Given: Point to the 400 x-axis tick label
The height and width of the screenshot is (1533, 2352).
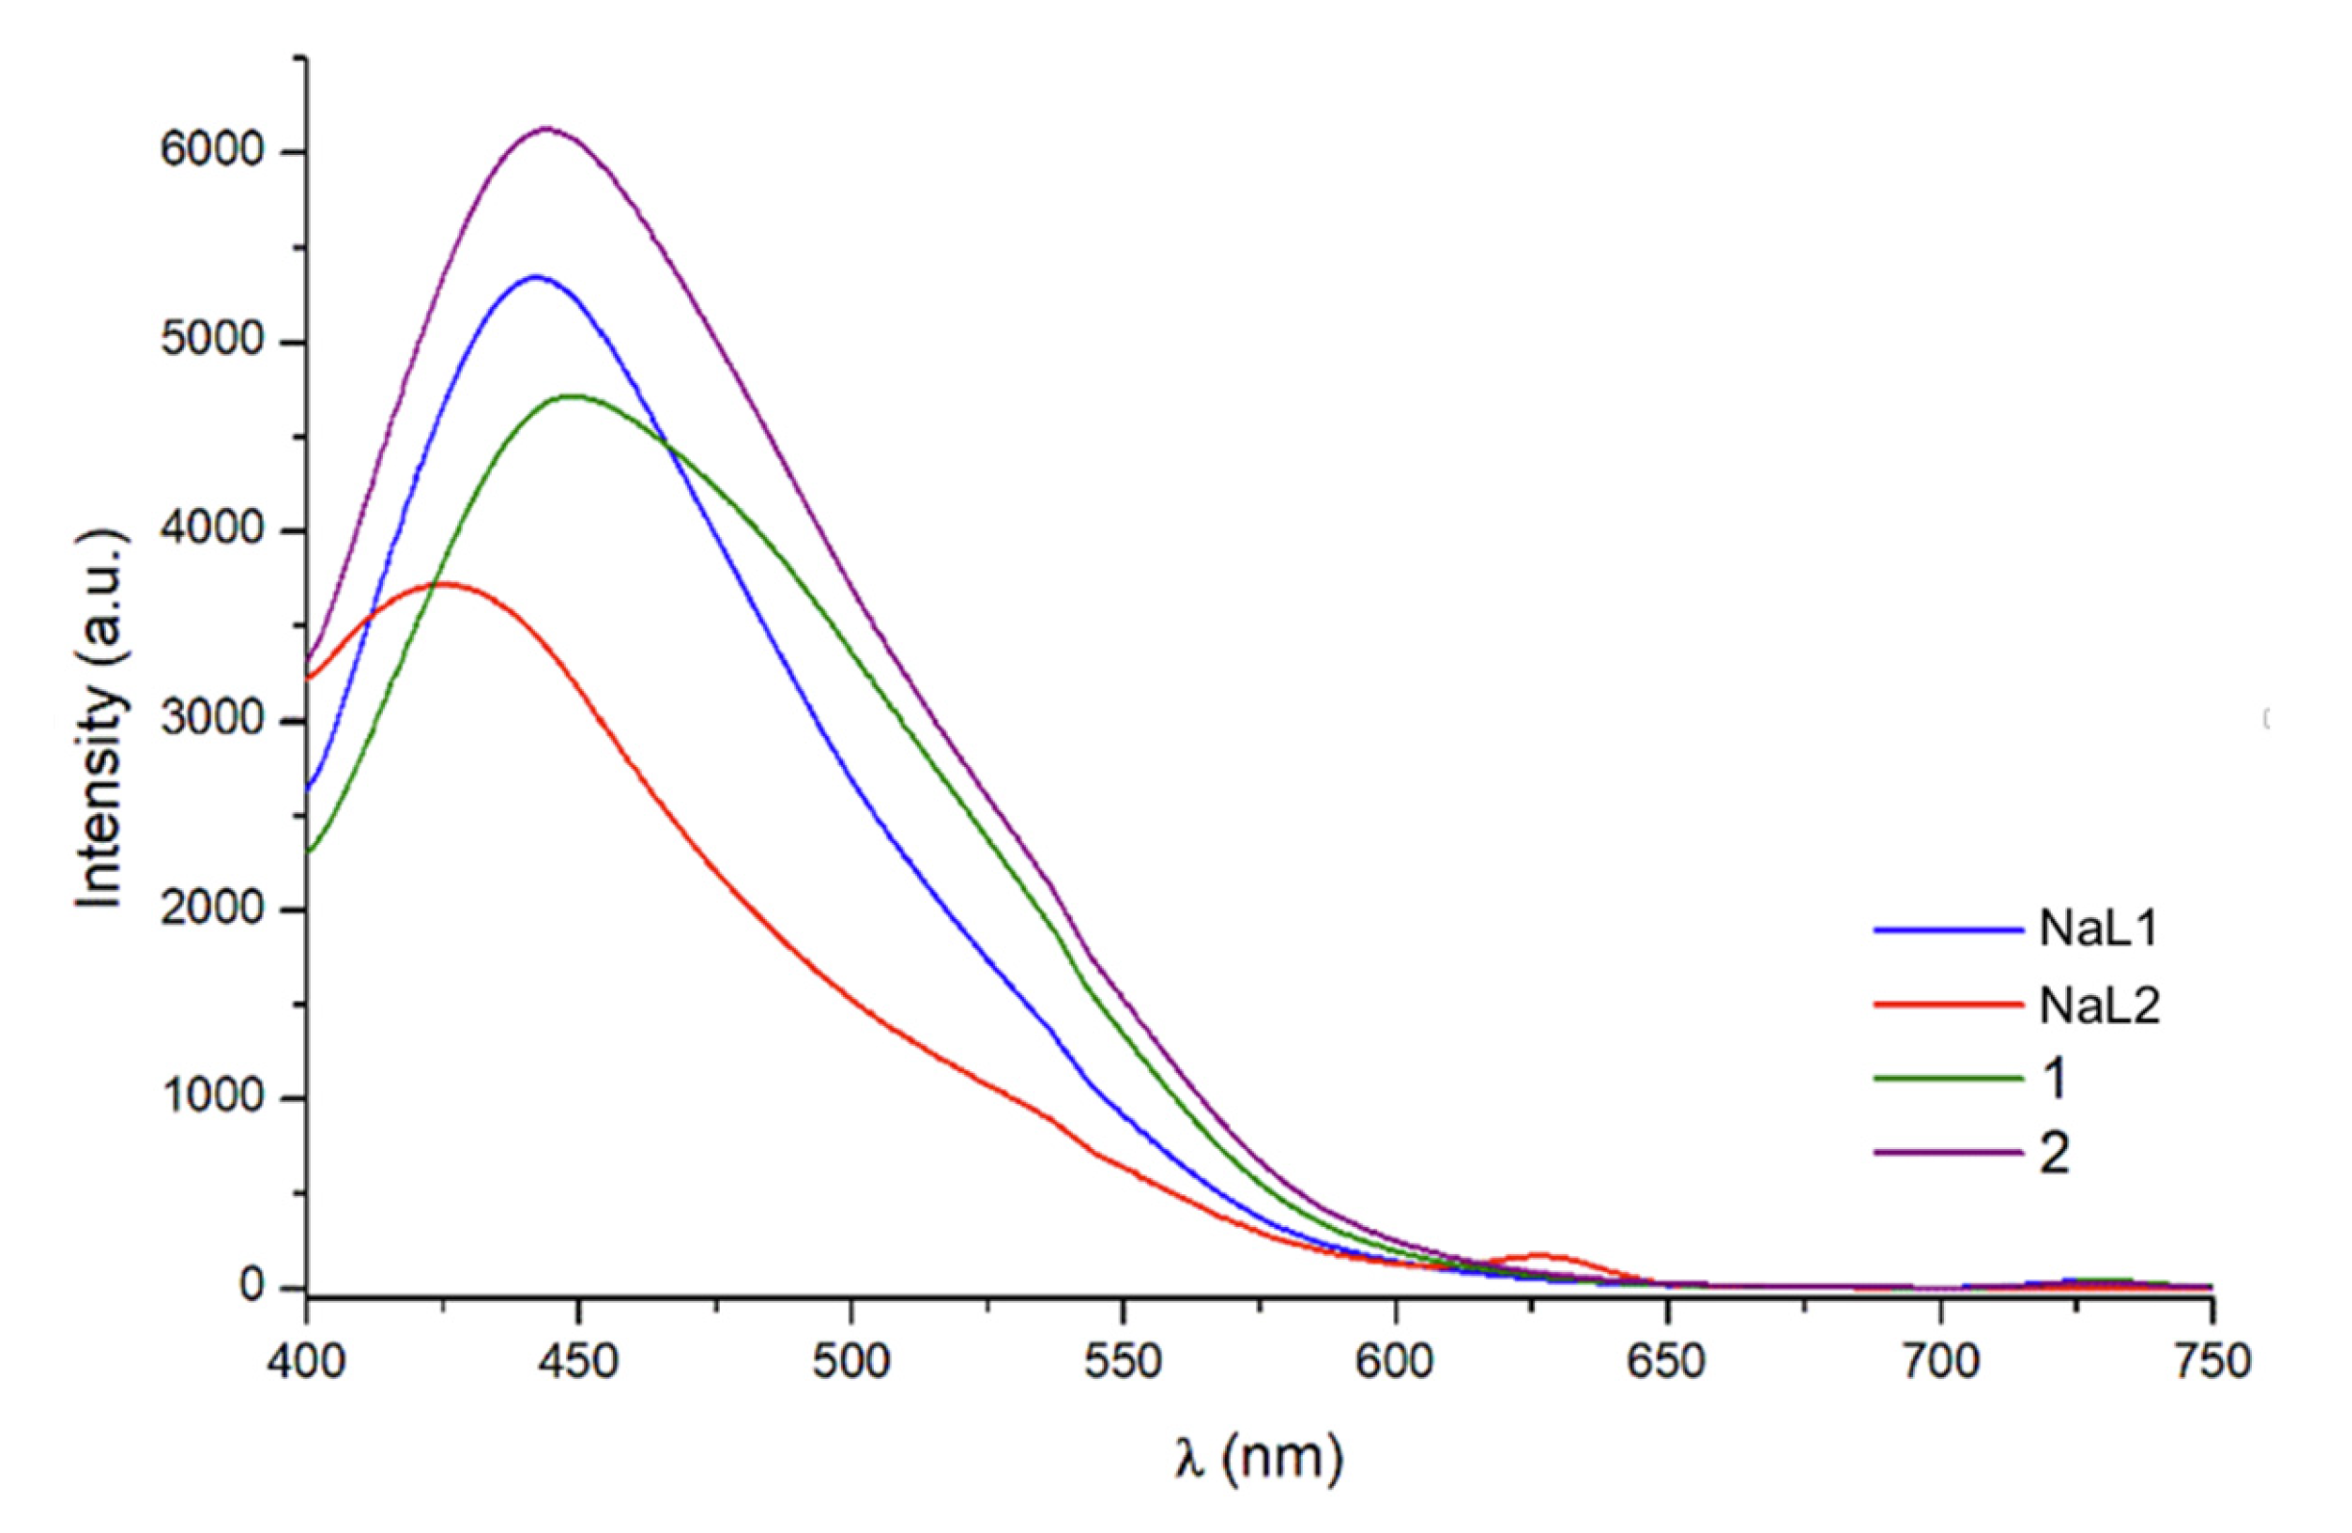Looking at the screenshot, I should [x=306, y=1362].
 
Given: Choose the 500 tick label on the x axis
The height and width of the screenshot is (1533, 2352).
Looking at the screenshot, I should [x=851, y=1362].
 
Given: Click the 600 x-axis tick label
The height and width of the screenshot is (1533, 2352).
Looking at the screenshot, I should [x=1394, y=1362].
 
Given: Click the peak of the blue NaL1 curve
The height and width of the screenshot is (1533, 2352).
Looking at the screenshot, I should [x=536, y=277].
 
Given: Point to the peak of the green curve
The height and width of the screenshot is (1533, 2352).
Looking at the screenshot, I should [x=574, y=396].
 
